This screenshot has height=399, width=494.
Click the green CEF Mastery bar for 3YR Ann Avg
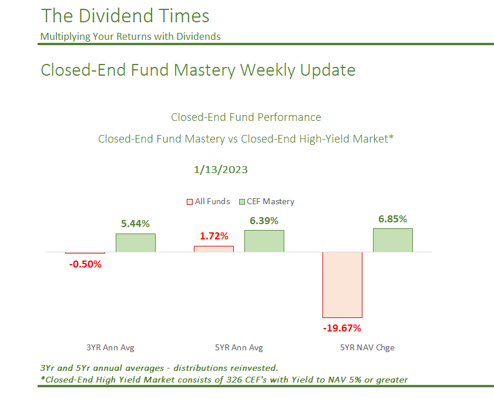pos(136,243)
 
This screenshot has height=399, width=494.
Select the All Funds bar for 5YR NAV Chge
pos(342,285)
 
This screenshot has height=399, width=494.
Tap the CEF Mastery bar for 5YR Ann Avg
pos(264,241)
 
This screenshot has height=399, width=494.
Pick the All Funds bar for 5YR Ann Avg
pos(214,249)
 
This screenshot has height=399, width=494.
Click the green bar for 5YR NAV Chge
pos(393,240)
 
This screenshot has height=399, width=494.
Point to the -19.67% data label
pos(342,327)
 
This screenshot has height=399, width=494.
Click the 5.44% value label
pos(136,224)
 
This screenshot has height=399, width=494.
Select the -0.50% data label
pos(85,264)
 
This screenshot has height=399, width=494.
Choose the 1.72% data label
pos(214,236)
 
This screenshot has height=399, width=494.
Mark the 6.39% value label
pos(264,220)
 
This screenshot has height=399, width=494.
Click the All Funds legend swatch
pos(190,202)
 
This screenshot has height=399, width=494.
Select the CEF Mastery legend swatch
pos(241,202)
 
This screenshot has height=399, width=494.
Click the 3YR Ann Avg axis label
pos(110,347)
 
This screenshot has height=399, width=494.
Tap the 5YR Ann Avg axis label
pos(239,347)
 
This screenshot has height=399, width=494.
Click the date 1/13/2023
pos(221,170)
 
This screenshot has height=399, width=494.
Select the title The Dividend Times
pos(125,15)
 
